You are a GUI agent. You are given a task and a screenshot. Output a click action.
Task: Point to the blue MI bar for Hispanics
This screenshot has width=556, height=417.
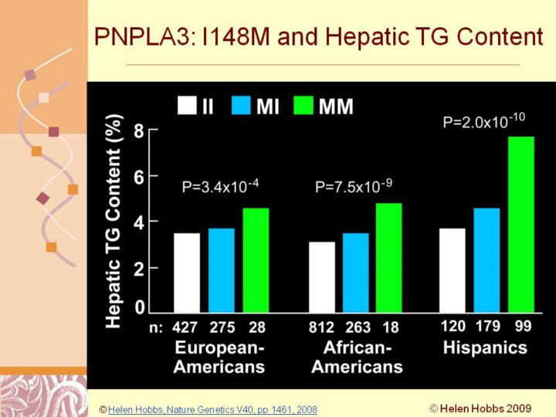pyautogui.click(x=487, y=260)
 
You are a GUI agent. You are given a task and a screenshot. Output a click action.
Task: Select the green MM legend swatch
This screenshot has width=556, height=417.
pyautogui.click(x=304, y=106)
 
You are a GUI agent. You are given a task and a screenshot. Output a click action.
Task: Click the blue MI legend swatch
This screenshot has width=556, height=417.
pyautogui.click(x=242, y=106)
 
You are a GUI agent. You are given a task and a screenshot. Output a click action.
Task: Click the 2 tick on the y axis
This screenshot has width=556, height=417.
pyautogui.click(x=139, y=267)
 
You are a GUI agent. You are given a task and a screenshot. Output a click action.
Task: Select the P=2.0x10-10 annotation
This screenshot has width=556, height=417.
pyautogui.click(x=483, y=121)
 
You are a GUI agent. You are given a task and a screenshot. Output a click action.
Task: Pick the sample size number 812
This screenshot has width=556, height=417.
pyautogui.click(x=321, y=327)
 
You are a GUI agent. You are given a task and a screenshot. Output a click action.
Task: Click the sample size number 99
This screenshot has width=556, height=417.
pyautogui.click(x=523, y=327)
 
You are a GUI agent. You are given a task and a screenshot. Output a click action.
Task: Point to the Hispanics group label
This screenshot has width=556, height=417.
pyautogui.click(x=485, y=347)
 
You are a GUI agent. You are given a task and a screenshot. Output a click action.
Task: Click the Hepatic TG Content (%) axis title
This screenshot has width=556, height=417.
pyautogui.click(x=115, y=220)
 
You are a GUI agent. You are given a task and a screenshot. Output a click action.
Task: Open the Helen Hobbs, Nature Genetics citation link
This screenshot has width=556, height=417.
pyautogui.click(x=212, y=409)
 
